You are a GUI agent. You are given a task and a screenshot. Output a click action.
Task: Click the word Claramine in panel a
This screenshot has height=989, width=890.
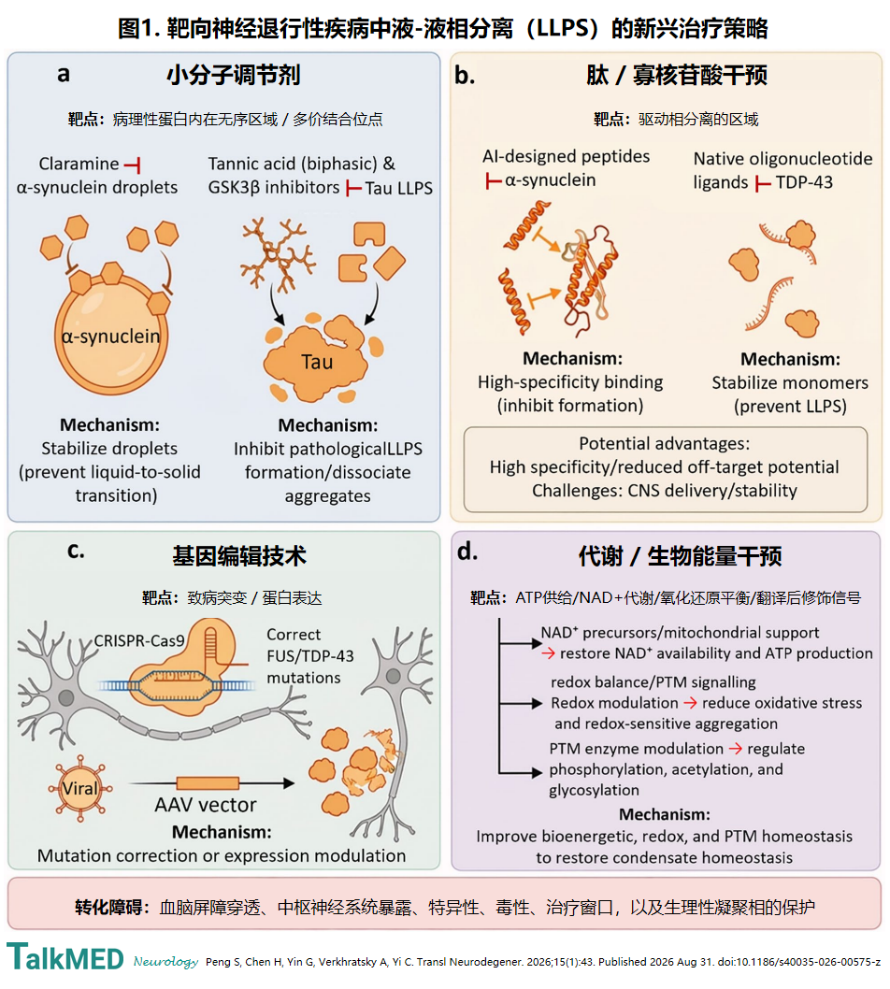pyautogui.click(x=79, y=164)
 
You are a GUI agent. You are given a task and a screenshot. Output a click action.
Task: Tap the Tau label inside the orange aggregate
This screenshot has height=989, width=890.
pyautogui.click(x=317, y=362)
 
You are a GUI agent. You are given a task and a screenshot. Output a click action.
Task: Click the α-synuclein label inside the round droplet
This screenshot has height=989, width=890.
pyautogui.click(x=111, y=337)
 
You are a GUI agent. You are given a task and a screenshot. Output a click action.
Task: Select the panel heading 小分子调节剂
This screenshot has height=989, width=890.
pyautogui.click(x=234, y=75)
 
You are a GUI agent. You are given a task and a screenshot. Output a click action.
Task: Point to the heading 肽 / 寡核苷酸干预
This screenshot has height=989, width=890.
pyautogui.click(x=677, y=75)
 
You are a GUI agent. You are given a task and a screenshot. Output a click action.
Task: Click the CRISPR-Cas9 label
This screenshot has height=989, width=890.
pyautogui.click(x=139, y=641)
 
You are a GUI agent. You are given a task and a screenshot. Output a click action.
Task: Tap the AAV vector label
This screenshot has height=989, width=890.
pyautogui.click(x=206, y=805)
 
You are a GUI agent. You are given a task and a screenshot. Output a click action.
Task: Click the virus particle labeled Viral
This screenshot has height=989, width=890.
pyautogui.click(x=80, y=788)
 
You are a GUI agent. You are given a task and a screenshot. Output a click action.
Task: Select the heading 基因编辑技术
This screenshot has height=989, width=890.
pyautogui.click(x=239, y=555)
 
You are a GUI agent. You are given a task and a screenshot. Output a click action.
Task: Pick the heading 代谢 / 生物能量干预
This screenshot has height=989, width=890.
pyautogui.click(x=681, y=556)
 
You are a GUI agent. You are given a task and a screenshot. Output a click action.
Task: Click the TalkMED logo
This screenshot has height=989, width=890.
pyautogui.click(x=65, y=957)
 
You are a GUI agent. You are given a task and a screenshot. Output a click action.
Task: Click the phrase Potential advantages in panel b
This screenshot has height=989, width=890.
pyautogui.click(x=664, y=443)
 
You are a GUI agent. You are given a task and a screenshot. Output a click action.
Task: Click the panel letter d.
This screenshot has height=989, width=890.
pyautogui.click(x=467, y=552)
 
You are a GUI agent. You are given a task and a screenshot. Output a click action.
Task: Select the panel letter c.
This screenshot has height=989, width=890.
pyautogui.click(x=76, y=552)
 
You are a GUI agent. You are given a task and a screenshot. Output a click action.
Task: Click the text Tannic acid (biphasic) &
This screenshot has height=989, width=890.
pyautogui.click(x=302, y=164)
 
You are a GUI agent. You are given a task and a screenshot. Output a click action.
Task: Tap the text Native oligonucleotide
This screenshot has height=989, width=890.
pyautogui.click(x=782, y=159)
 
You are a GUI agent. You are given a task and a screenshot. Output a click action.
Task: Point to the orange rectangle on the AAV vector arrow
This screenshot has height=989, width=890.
pyautogui.click(x=208, y=783)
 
